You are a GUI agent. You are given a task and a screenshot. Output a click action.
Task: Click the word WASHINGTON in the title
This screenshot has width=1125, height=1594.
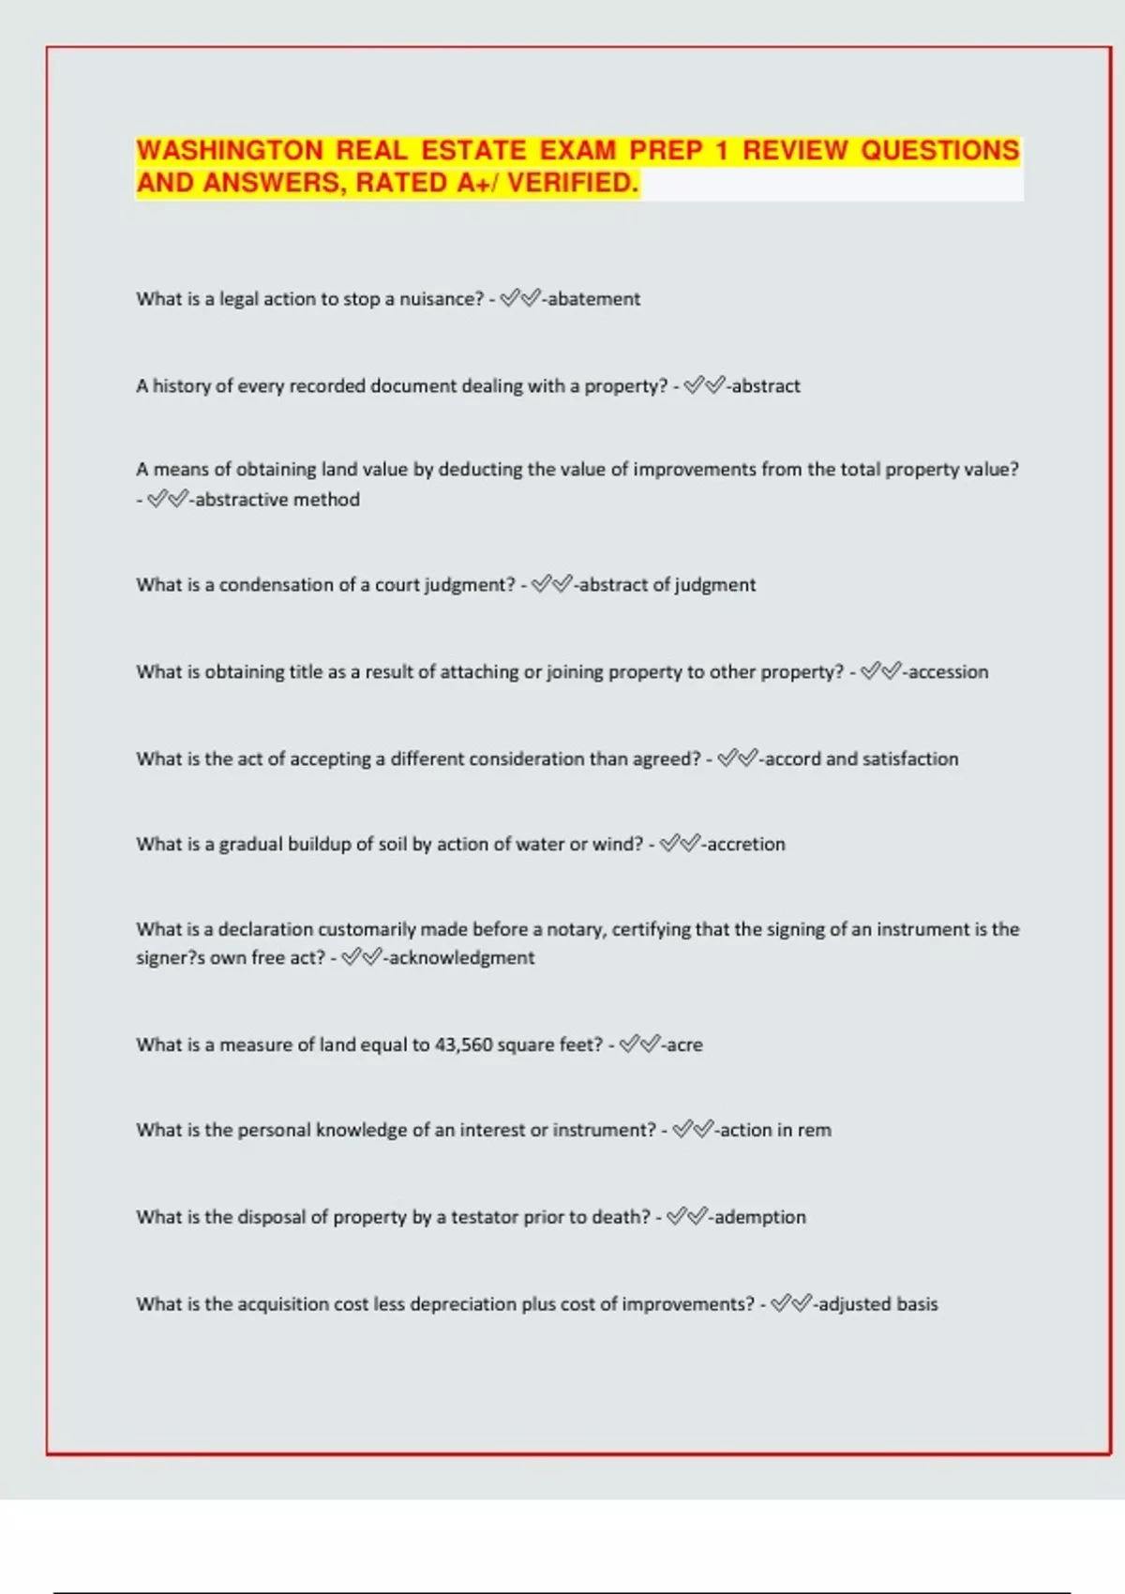pyautogui.click(x=230, y=151)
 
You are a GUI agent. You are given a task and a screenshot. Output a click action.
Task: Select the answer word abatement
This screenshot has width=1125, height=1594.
pyautogui.click(x=593, y=299)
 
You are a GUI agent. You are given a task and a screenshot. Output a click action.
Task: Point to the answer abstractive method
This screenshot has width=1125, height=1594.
pyautogui.click(x=277, y=500)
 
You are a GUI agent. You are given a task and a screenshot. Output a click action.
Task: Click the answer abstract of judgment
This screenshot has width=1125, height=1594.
pyautogui.click(x=667, y=585)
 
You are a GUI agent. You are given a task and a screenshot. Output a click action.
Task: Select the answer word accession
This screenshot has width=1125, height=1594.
pyautogui.click(x=948, y=672)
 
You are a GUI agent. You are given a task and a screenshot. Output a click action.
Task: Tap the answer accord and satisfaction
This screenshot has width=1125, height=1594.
pyautogui.click(x=862, y=759)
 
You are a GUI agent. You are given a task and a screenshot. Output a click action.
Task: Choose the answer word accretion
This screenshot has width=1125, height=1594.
pyautogui.click(x=746, y=845)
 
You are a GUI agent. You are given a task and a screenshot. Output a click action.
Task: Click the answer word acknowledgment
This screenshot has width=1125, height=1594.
pyautogui.click(x=461, y=958)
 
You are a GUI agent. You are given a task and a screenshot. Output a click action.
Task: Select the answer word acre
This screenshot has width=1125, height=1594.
pyautogui.click(x=684, y=1045)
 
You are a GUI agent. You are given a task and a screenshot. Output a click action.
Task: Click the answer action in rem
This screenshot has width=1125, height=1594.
pyautogui.click(x=775, y=1131)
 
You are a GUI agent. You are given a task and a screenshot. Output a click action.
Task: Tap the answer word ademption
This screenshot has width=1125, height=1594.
pyautogui.click(x=759, y=1218)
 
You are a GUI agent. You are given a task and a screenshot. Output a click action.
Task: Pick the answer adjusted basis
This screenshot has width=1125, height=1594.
pyautogui.click(x=877, y=1305)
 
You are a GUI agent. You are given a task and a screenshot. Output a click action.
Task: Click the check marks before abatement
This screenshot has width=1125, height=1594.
pyautogui.click(x=520, y=299)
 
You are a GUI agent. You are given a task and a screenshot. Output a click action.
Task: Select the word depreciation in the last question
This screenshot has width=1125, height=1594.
pyautogui.click(x=462, y=1305)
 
